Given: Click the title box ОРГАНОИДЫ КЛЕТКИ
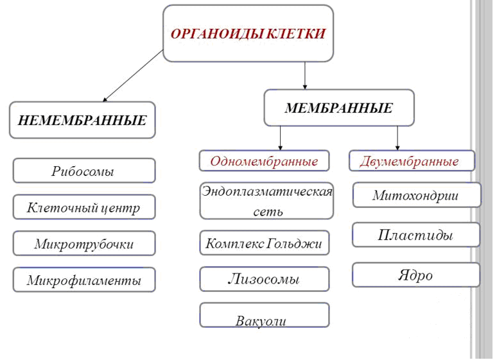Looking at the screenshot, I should (248, 33).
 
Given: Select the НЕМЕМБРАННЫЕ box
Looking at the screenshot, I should (82, 120).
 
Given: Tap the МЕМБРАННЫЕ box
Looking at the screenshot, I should (338, 108).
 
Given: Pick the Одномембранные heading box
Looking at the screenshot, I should (264, 161).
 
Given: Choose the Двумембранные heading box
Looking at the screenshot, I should (412, 161).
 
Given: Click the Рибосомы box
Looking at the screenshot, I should (83, 171).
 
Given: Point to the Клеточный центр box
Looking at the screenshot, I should (83, 207).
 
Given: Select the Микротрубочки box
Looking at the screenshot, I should (83, 243).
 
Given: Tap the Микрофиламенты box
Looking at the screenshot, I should (83, 280).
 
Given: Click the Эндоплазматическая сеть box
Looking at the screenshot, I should (266, 201).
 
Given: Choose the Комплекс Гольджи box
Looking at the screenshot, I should (264, 243).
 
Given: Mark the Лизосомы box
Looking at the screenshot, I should (264, 279).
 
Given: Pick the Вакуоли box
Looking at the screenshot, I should (264, 315).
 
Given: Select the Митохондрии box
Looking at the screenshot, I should (416, 195).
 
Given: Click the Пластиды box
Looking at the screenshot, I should (416, 235).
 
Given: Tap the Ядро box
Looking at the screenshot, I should (416, 275).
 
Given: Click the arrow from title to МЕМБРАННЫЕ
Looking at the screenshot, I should (304, 75).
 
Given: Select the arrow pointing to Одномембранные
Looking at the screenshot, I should (281, 137).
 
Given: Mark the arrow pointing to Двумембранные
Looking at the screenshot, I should (397, 137).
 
